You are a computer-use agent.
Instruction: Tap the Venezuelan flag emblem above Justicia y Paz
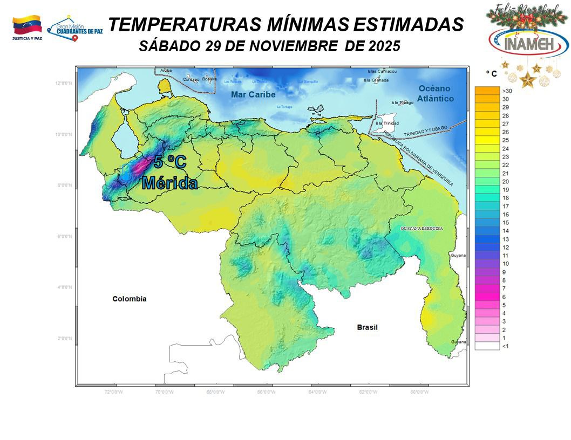(x=27, y=25)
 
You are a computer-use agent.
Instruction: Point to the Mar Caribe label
(x=253, y=95)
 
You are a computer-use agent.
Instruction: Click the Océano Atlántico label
(x=435, y=93)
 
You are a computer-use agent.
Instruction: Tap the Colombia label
(x=129, y=299)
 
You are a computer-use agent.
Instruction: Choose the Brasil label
(x=367, y=327)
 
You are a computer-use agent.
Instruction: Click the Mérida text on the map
(x=169, y=183)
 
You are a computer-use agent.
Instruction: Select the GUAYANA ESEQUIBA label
(x=422, y=229)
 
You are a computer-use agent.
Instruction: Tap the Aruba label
(x=166, y=71)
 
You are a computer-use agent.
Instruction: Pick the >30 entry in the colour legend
(x=506, y=91)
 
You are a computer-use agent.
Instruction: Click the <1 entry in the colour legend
(x=505, y=346)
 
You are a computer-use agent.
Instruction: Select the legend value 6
(x=504, y=297)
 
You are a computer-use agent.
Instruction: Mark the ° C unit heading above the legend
(x=491, y=73)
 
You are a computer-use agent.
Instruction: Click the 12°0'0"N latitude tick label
(x=64, y=83)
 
